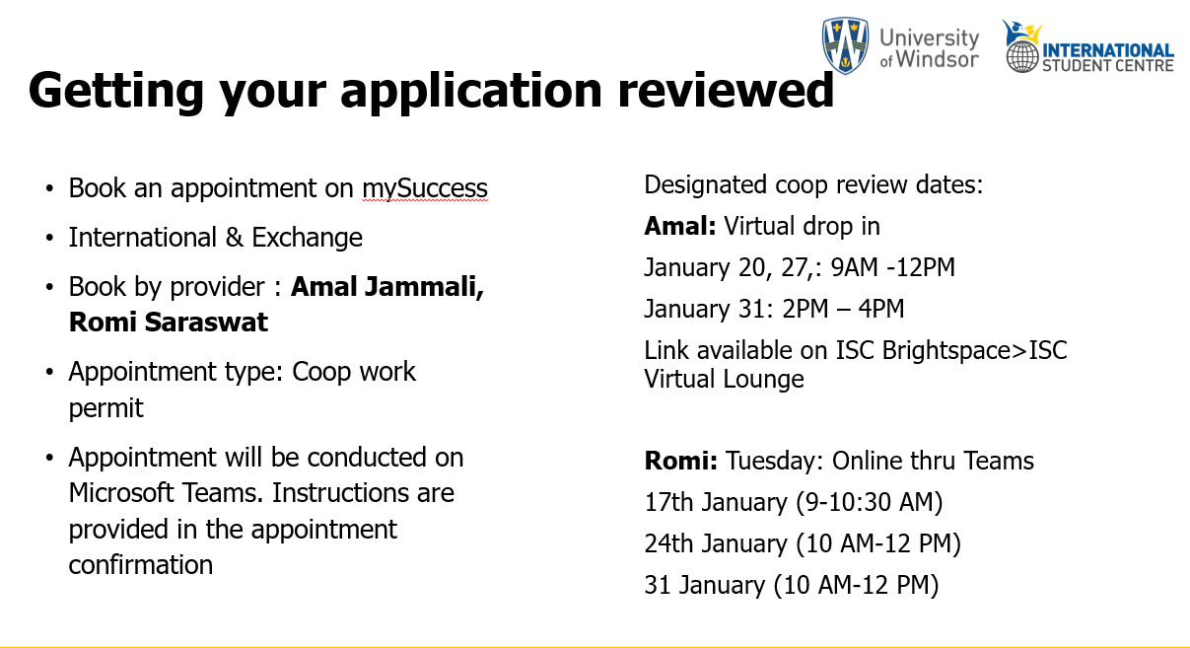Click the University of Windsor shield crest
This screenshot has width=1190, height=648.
point(845,45)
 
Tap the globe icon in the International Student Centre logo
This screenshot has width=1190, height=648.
point(1022,56)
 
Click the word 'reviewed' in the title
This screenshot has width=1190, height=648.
point(726,91)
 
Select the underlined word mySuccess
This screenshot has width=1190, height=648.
point(425,188)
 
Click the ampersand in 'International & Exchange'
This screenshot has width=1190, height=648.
point(235,238)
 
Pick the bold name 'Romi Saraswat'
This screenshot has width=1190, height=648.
point(169,323)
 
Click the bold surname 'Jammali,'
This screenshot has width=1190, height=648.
point(425,288)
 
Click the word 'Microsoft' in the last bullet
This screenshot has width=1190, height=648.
point(121,493)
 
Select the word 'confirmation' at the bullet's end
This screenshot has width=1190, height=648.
point(141,564)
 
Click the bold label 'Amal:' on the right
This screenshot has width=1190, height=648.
point(680,226)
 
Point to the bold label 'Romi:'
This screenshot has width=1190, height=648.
point(681,461)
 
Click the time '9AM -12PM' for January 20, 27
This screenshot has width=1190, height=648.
point(893,267)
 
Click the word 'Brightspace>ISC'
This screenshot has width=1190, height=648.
point(975,351)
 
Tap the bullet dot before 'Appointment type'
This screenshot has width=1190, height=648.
point(49,372)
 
